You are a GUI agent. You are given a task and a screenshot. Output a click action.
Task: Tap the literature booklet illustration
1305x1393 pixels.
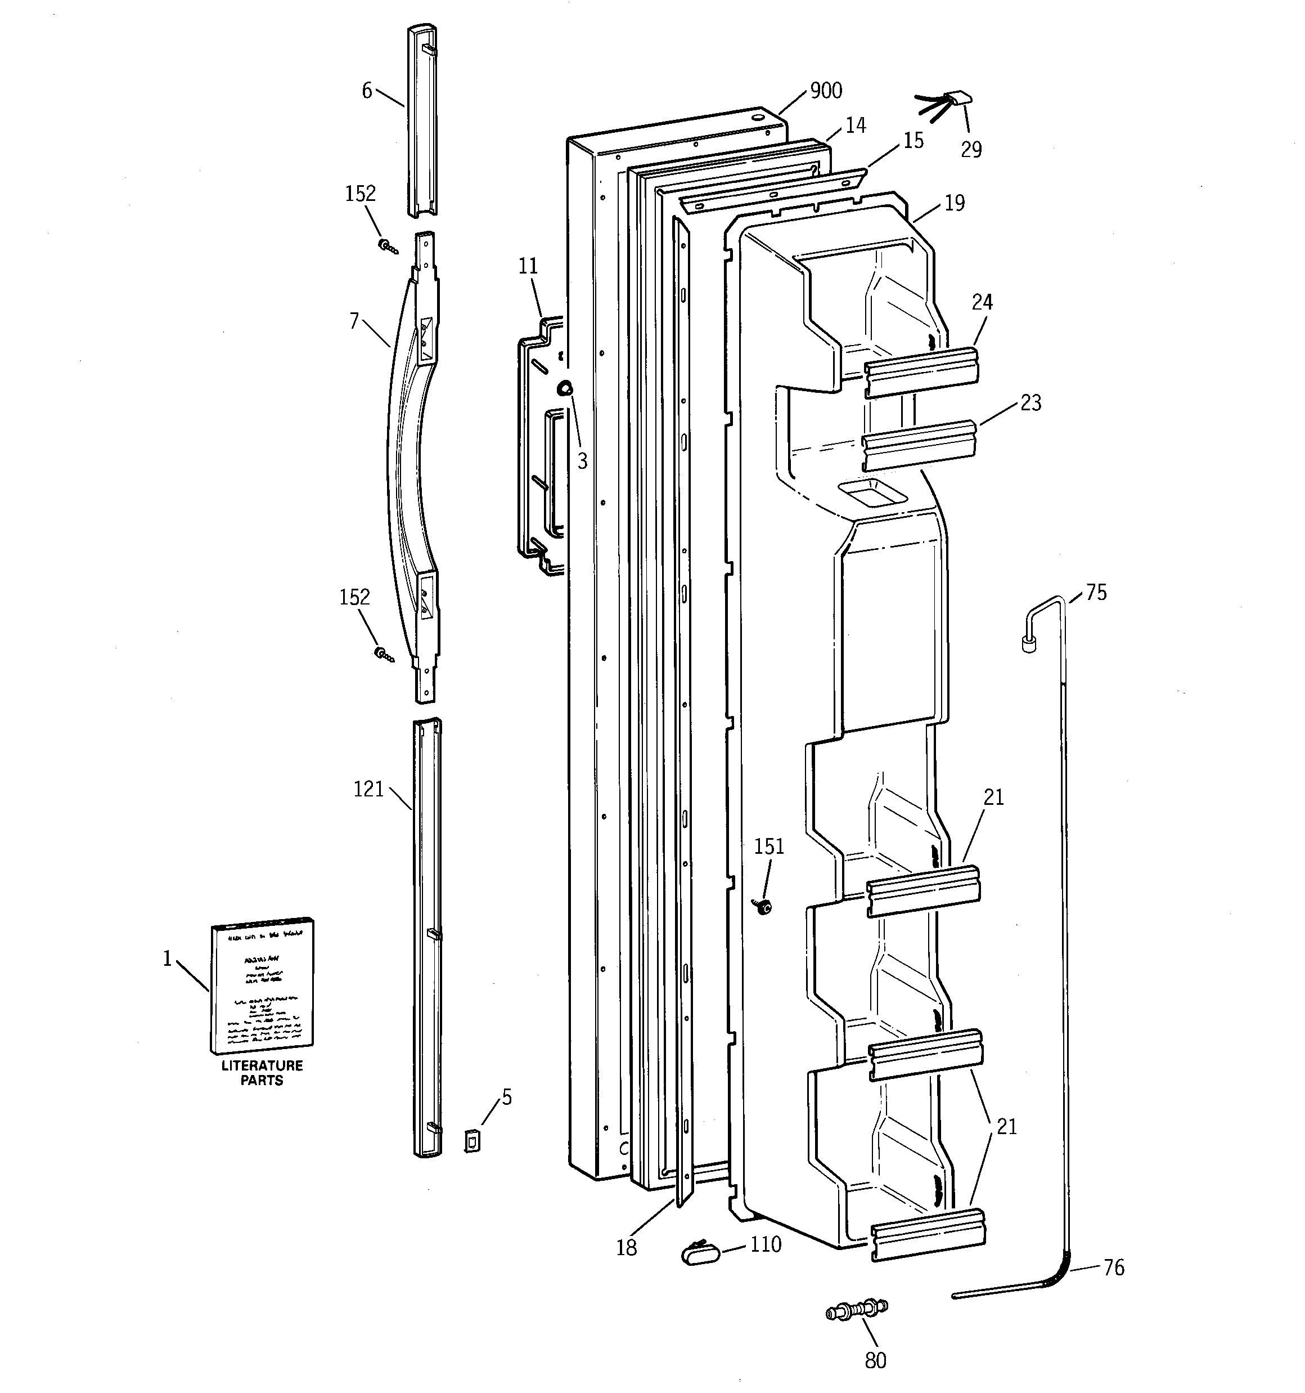tap(262, 987)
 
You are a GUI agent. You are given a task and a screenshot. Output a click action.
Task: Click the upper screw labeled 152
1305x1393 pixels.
tap(386, 246)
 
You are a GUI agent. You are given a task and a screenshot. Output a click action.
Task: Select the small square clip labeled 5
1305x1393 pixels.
tap(473, 1141)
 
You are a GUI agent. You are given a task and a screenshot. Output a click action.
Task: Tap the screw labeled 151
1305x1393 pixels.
tap(762, 907)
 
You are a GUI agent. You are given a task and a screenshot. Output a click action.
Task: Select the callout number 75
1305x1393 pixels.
tap(1096, 593)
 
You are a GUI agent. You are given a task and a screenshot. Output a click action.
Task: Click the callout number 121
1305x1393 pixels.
tap(368, 789)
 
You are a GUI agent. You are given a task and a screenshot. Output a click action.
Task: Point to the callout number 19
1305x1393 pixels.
tap(954, 203)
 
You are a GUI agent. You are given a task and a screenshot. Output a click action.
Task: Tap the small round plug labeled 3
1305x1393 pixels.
tap(565, 387)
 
